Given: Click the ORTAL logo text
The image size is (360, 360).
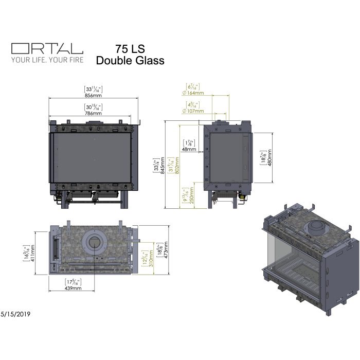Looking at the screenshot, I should coord(47,48).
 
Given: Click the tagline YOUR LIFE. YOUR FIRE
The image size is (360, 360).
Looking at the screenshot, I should coord(47,59).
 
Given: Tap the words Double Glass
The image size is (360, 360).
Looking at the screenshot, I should coord(130,61).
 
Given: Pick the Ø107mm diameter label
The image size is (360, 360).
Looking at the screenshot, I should coord(194,111).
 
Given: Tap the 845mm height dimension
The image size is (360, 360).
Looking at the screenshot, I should coord(163,166).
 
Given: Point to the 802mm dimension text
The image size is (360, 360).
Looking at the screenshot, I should coord(177,166).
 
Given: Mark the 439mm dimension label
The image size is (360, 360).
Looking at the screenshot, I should coord(74,289).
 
